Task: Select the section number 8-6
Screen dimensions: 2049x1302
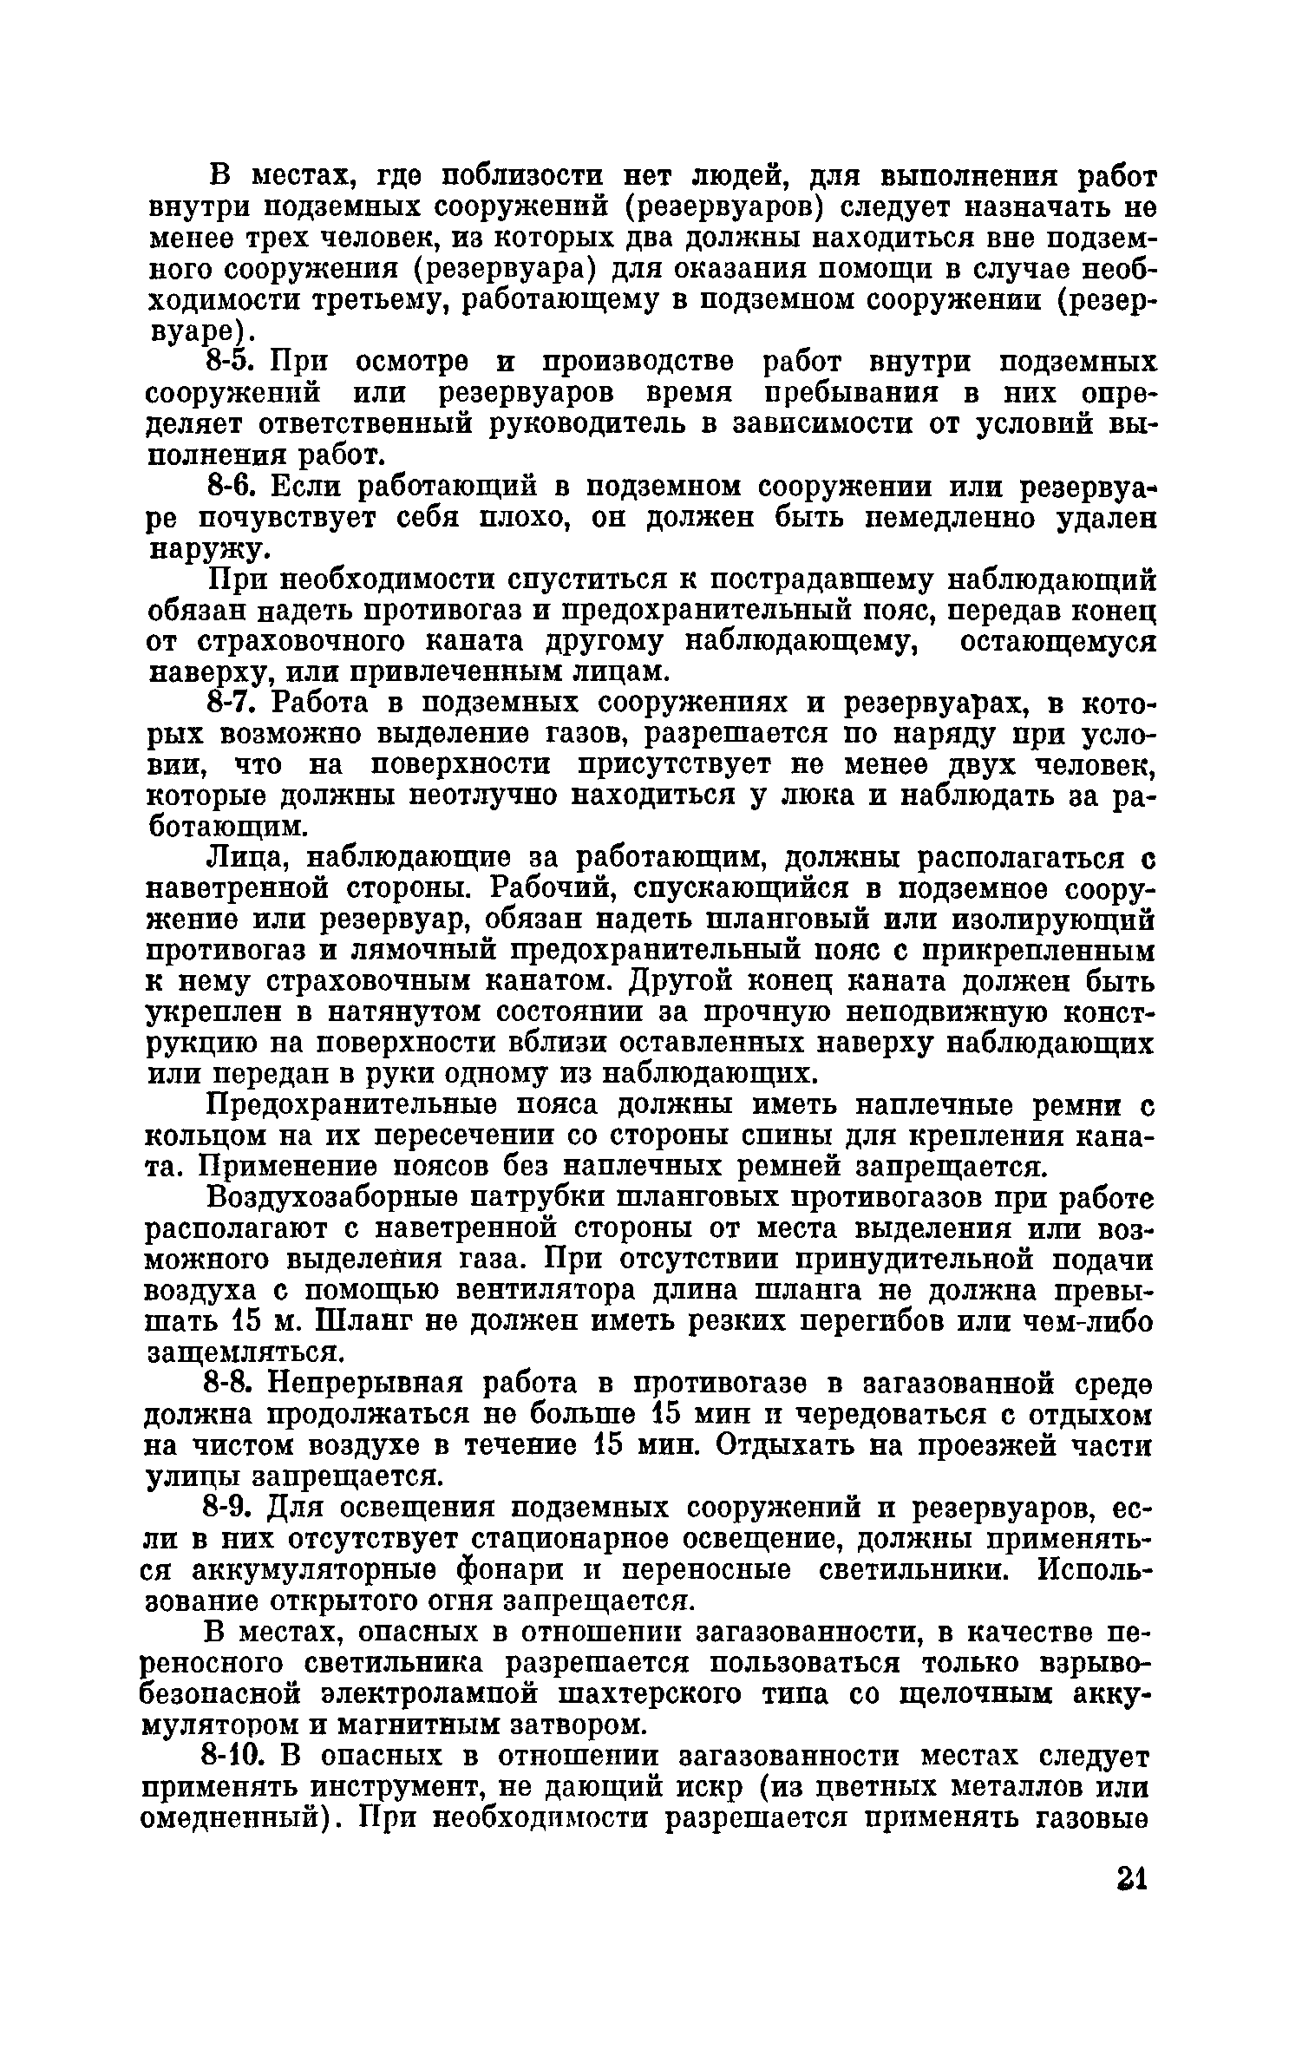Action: point(232,488)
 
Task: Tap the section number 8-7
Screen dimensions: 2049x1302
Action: point(232,703)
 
